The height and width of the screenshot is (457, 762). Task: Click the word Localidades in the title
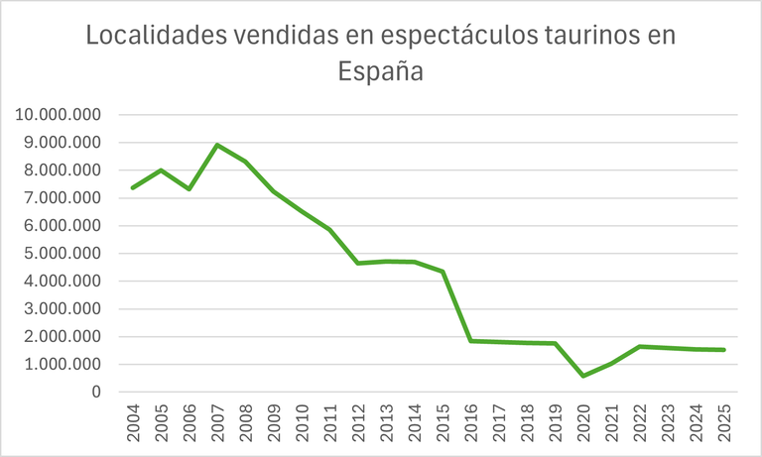coord(148,36)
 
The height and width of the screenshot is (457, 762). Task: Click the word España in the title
coord(381,72)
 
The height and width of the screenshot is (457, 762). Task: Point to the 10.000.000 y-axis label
coord(60,115)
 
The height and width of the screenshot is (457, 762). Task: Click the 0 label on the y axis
coord(96,393)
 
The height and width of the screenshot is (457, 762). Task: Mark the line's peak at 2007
coord(217,145)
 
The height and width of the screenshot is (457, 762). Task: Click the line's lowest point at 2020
coord(584,376)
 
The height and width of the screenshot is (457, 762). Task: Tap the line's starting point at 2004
coord(133,188)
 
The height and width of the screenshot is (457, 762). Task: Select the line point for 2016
coord(471,341)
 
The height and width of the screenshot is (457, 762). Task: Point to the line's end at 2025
coord(725,350)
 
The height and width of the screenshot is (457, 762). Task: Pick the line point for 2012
coord(358,264)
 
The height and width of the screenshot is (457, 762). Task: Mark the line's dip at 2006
coord(189,189)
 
